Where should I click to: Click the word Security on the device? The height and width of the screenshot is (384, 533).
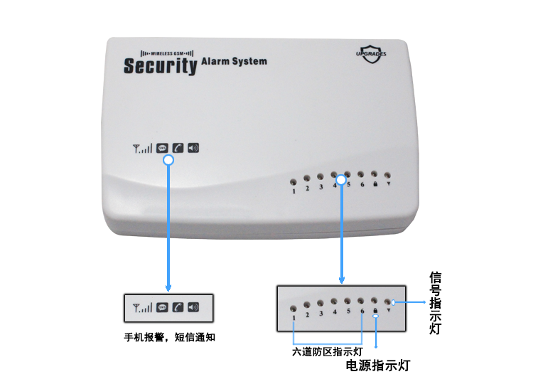(x=161, y=66)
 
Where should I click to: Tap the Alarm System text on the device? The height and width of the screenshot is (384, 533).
(x=235, y=62)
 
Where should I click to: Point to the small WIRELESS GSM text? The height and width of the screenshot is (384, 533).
(x=167, y=53)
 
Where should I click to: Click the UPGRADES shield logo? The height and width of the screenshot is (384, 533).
(x=371, y=54)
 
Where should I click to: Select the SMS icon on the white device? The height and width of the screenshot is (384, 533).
(x=162, y=149)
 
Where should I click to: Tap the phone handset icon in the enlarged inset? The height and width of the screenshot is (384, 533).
(x=178, y=307)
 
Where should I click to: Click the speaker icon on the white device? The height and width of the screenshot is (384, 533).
(x=193, y=148)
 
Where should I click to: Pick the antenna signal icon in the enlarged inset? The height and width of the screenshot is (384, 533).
(x=142, y=308)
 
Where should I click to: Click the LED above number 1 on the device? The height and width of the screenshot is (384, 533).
(x=293, y=182)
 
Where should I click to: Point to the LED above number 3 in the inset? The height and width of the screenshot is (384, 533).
(x=321, y=303)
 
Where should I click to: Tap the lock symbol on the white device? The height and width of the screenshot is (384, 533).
(x=375, y=184)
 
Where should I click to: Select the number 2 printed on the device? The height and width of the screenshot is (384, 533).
(x=307, y=188)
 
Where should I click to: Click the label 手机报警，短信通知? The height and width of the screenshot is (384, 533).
(x=170, y=337)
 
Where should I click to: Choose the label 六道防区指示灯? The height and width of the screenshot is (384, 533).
(x=328, y=352)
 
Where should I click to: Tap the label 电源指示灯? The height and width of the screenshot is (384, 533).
(x=378, y=366)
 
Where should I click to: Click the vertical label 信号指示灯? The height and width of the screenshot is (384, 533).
(x=436, y=303)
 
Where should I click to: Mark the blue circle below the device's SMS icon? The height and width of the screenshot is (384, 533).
(x=168, y=160)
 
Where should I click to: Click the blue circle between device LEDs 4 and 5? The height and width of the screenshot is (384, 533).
(x=341, y=180)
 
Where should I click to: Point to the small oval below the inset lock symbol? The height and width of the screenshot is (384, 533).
(x=376, y=316)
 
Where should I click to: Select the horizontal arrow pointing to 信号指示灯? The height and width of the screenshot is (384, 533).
(x=410, y=302)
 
